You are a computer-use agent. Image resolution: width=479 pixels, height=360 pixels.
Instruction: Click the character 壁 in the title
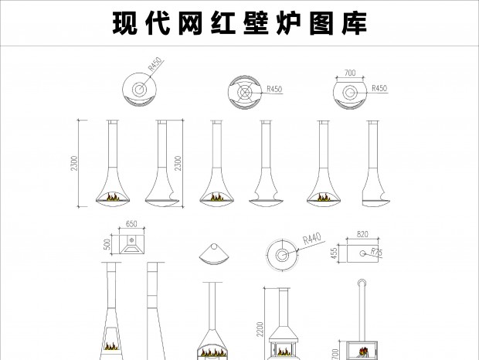(x=256, y=23)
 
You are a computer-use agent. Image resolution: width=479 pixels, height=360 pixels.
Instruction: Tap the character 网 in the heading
(x=190, y=23)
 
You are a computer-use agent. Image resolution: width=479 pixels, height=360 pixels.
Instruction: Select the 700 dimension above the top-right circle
(x=350, y=73)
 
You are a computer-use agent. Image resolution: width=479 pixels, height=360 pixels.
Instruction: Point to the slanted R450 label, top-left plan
(x=155, y=64)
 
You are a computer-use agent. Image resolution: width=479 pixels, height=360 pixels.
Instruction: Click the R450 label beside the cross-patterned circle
(x=274, y=89)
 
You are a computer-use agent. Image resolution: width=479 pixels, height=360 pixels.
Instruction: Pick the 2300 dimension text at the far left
(x=74, y=163)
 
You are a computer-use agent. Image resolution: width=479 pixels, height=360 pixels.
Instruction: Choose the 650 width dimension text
(x=131, y=224)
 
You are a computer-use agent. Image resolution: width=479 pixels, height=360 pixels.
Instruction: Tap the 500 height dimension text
(x=107, y=244)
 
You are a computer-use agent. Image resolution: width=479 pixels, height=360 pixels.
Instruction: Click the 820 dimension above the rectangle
(x=362, y=234)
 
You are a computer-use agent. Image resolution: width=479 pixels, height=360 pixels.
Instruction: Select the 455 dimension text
(x=335, y=253)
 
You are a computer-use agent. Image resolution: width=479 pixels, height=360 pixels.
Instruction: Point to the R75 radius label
(x=377, y=252)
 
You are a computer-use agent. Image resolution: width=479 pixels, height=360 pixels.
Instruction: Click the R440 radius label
(x=312, y=239)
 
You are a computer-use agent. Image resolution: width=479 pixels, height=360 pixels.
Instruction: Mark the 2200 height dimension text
(x=260, y=329)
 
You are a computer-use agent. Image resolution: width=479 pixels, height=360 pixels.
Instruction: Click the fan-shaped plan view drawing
(x=213, y=255)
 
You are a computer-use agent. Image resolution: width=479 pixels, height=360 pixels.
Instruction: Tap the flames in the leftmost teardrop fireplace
(x=113, y=197)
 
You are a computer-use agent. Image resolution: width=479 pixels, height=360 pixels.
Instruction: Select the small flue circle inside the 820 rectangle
(x=362, y=253)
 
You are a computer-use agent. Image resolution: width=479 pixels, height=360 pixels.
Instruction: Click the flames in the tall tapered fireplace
(x=111, y=346)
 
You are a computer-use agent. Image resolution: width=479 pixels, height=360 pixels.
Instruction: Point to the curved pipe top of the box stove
(x=362, y=283)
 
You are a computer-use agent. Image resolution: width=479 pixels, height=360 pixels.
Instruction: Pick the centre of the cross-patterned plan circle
(x=244, y=93)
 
